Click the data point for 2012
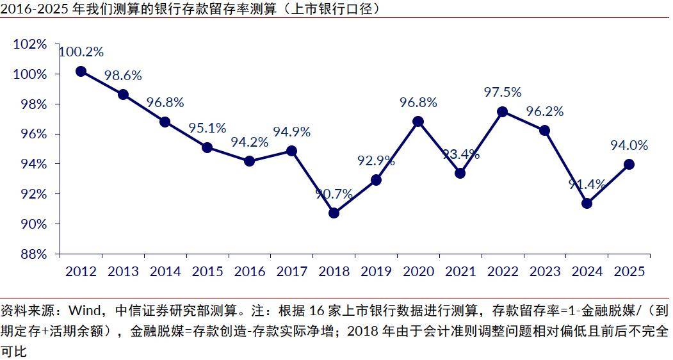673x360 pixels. point(81,72)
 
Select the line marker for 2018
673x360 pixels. point(334,213)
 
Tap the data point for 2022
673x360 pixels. point(503,111)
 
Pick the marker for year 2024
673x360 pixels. point(587,203)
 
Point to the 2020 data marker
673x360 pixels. point(418,121)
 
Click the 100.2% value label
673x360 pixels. point(81,53)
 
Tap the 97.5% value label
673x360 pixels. point(503,92)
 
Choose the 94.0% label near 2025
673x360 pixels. point(629,145)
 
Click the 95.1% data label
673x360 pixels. point(207,128)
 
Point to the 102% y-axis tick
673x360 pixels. point(30,44)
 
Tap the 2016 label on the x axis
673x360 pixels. point(250,272)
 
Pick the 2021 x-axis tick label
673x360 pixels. point(460,272)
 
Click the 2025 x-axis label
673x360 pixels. point(629,272)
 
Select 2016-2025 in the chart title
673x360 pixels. point(31,8)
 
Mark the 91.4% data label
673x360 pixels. point(587,185)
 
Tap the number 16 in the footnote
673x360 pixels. point(318,312)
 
